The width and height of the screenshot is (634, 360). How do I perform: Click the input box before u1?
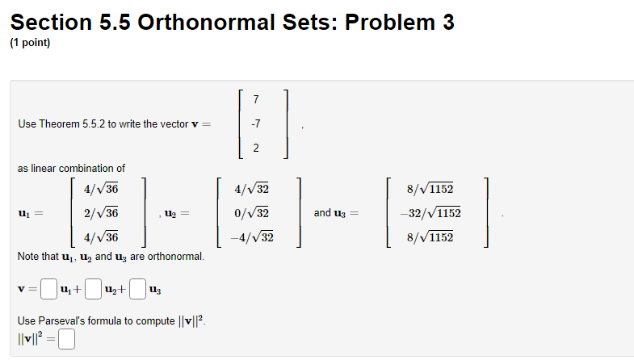click(49, 287)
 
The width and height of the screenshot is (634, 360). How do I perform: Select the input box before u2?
click(94, 287)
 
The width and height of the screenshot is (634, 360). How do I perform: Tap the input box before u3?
click(139, 287)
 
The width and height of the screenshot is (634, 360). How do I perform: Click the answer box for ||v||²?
click(66, 340)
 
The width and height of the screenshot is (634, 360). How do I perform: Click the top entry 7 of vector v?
click(256, 100)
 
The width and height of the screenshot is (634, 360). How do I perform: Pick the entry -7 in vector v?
click(256, 124)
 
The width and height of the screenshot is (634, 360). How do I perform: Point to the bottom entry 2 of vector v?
click(256, 148)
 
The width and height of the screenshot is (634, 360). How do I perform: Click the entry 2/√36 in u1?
click(101, 213)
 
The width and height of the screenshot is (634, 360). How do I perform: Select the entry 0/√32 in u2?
click(253, 213)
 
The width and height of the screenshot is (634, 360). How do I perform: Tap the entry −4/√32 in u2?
click(252, 237)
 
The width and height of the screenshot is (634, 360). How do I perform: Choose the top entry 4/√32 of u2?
click(252, 190)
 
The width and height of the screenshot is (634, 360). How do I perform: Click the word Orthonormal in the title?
click(206, 23)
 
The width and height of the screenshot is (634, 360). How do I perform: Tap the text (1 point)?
click(30, 44)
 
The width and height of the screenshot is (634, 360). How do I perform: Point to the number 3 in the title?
click(447, 23)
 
